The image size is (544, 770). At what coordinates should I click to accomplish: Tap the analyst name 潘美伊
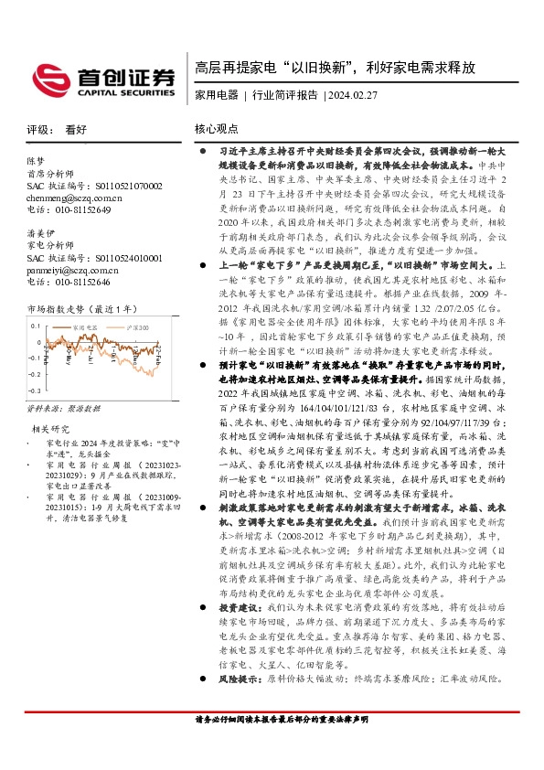click(41, 233)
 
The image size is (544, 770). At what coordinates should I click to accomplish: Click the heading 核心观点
click(217, 130)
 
